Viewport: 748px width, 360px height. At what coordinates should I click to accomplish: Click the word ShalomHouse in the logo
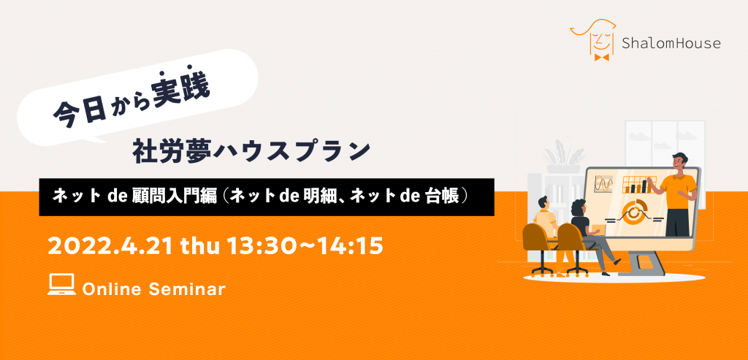(x=671, y=44)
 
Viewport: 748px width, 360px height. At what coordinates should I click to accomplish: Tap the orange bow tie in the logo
(x=602, y=57)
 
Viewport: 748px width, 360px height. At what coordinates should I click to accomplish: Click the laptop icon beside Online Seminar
(x=61, y=284)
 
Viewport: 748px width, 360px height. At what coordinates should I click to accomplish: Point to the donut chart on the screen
(x=633, y=213)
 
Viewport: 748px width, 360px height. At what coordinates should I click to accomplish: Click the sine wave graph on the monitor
(x=603, y=184)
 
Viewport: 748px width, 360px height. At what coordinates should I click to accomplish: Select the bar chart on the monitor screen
(x=638, y=185)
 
